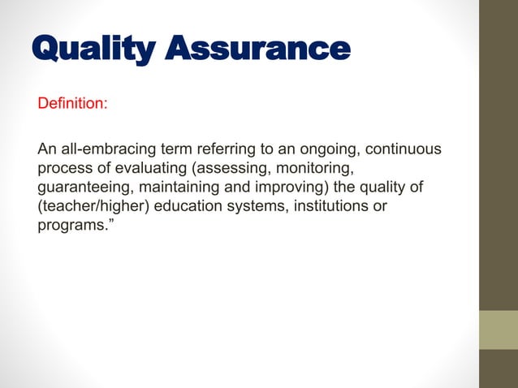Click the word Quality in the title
point(91,49)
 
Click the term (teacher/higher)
point(93,206)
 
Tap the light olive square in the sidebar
point(499,330)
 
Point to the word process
point(63,169)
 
